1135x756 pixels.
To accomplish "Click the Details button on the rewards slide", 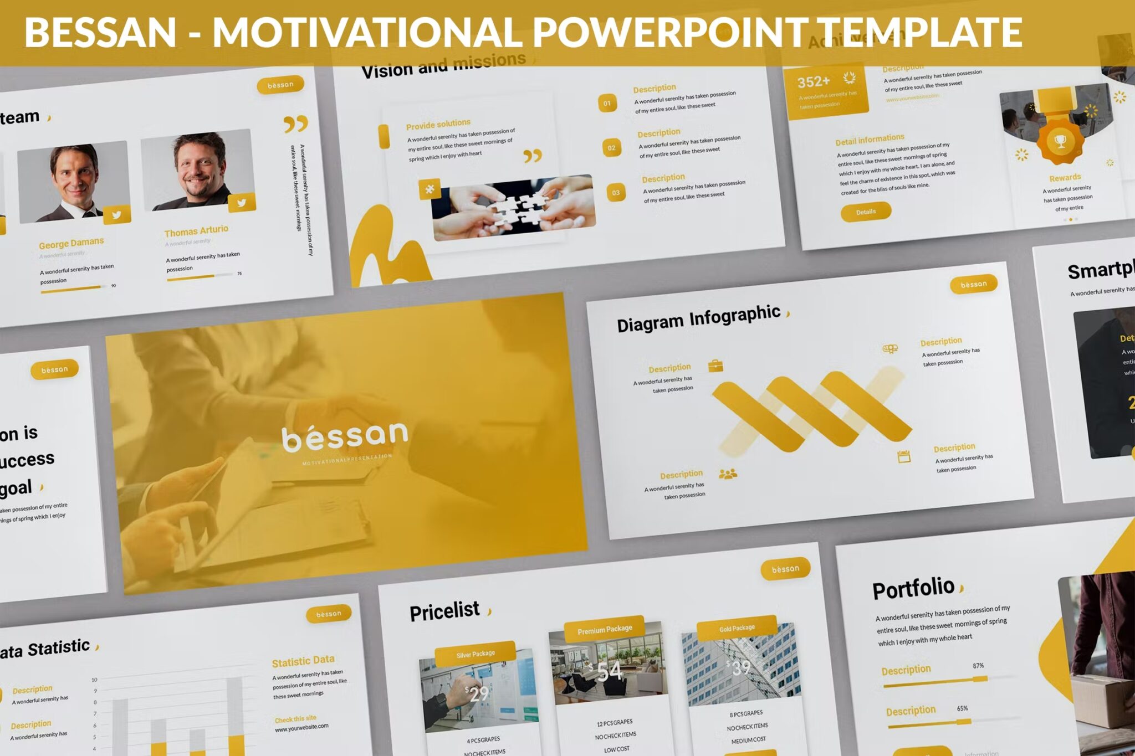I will tap(866, 212).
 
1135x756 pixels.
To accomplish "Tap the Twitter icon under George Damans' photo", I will tap(116, 215).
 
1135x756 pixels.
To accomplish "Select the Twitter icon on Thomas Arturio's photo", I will tap(242, 203).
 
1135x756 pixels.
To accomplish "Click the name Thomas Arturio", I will tap(196, 230).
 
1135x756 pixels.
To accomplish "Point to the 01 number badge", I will tap(607, 103).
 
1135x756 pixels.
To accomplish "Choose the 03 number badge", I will tap(616, 193).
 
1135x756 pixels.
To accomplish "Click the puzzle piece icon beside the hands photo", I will tap(430, 189).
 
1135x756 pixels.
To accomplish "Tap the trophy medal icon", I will tap(1060, 142).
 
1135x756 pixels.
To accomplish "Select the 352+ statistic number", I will tap(814, 82).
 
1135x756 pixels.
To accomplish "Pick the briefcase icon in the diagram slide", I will tap(715, 366).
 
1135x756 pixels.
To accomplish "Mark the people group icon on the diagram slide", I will tap(728, 474).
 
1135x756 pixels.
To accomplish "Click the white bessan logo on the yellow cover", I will tap(345, 436).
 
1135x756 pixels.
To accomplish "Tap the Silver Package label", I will tap(476, 654).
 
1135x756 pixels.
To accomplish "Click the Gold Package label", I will tap(737, 628).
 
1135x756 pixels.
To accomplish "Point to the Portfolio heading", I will tap(913, 588).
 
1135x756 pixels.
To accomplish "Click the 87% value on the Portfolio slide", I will tap(978, 666).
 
